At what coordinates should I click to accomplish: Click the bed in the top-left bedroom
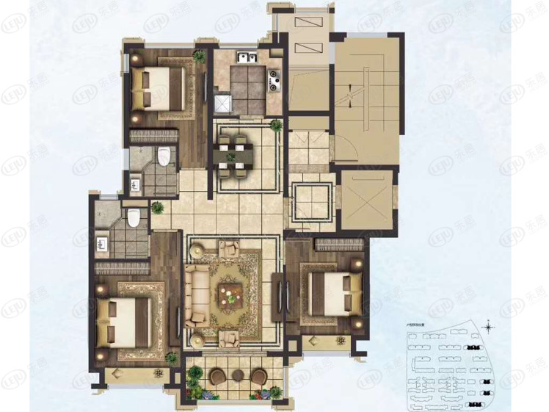pos(158,87)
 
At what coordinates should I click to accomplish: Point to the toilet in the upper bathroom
pos(164,156)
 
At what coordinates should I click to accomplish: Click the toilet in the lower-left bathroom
pos(133,217)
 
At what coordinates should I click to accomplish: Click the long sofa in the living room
pos(196,295)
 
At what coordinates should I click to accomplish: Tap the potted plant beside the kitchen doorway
pos(277,126)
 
